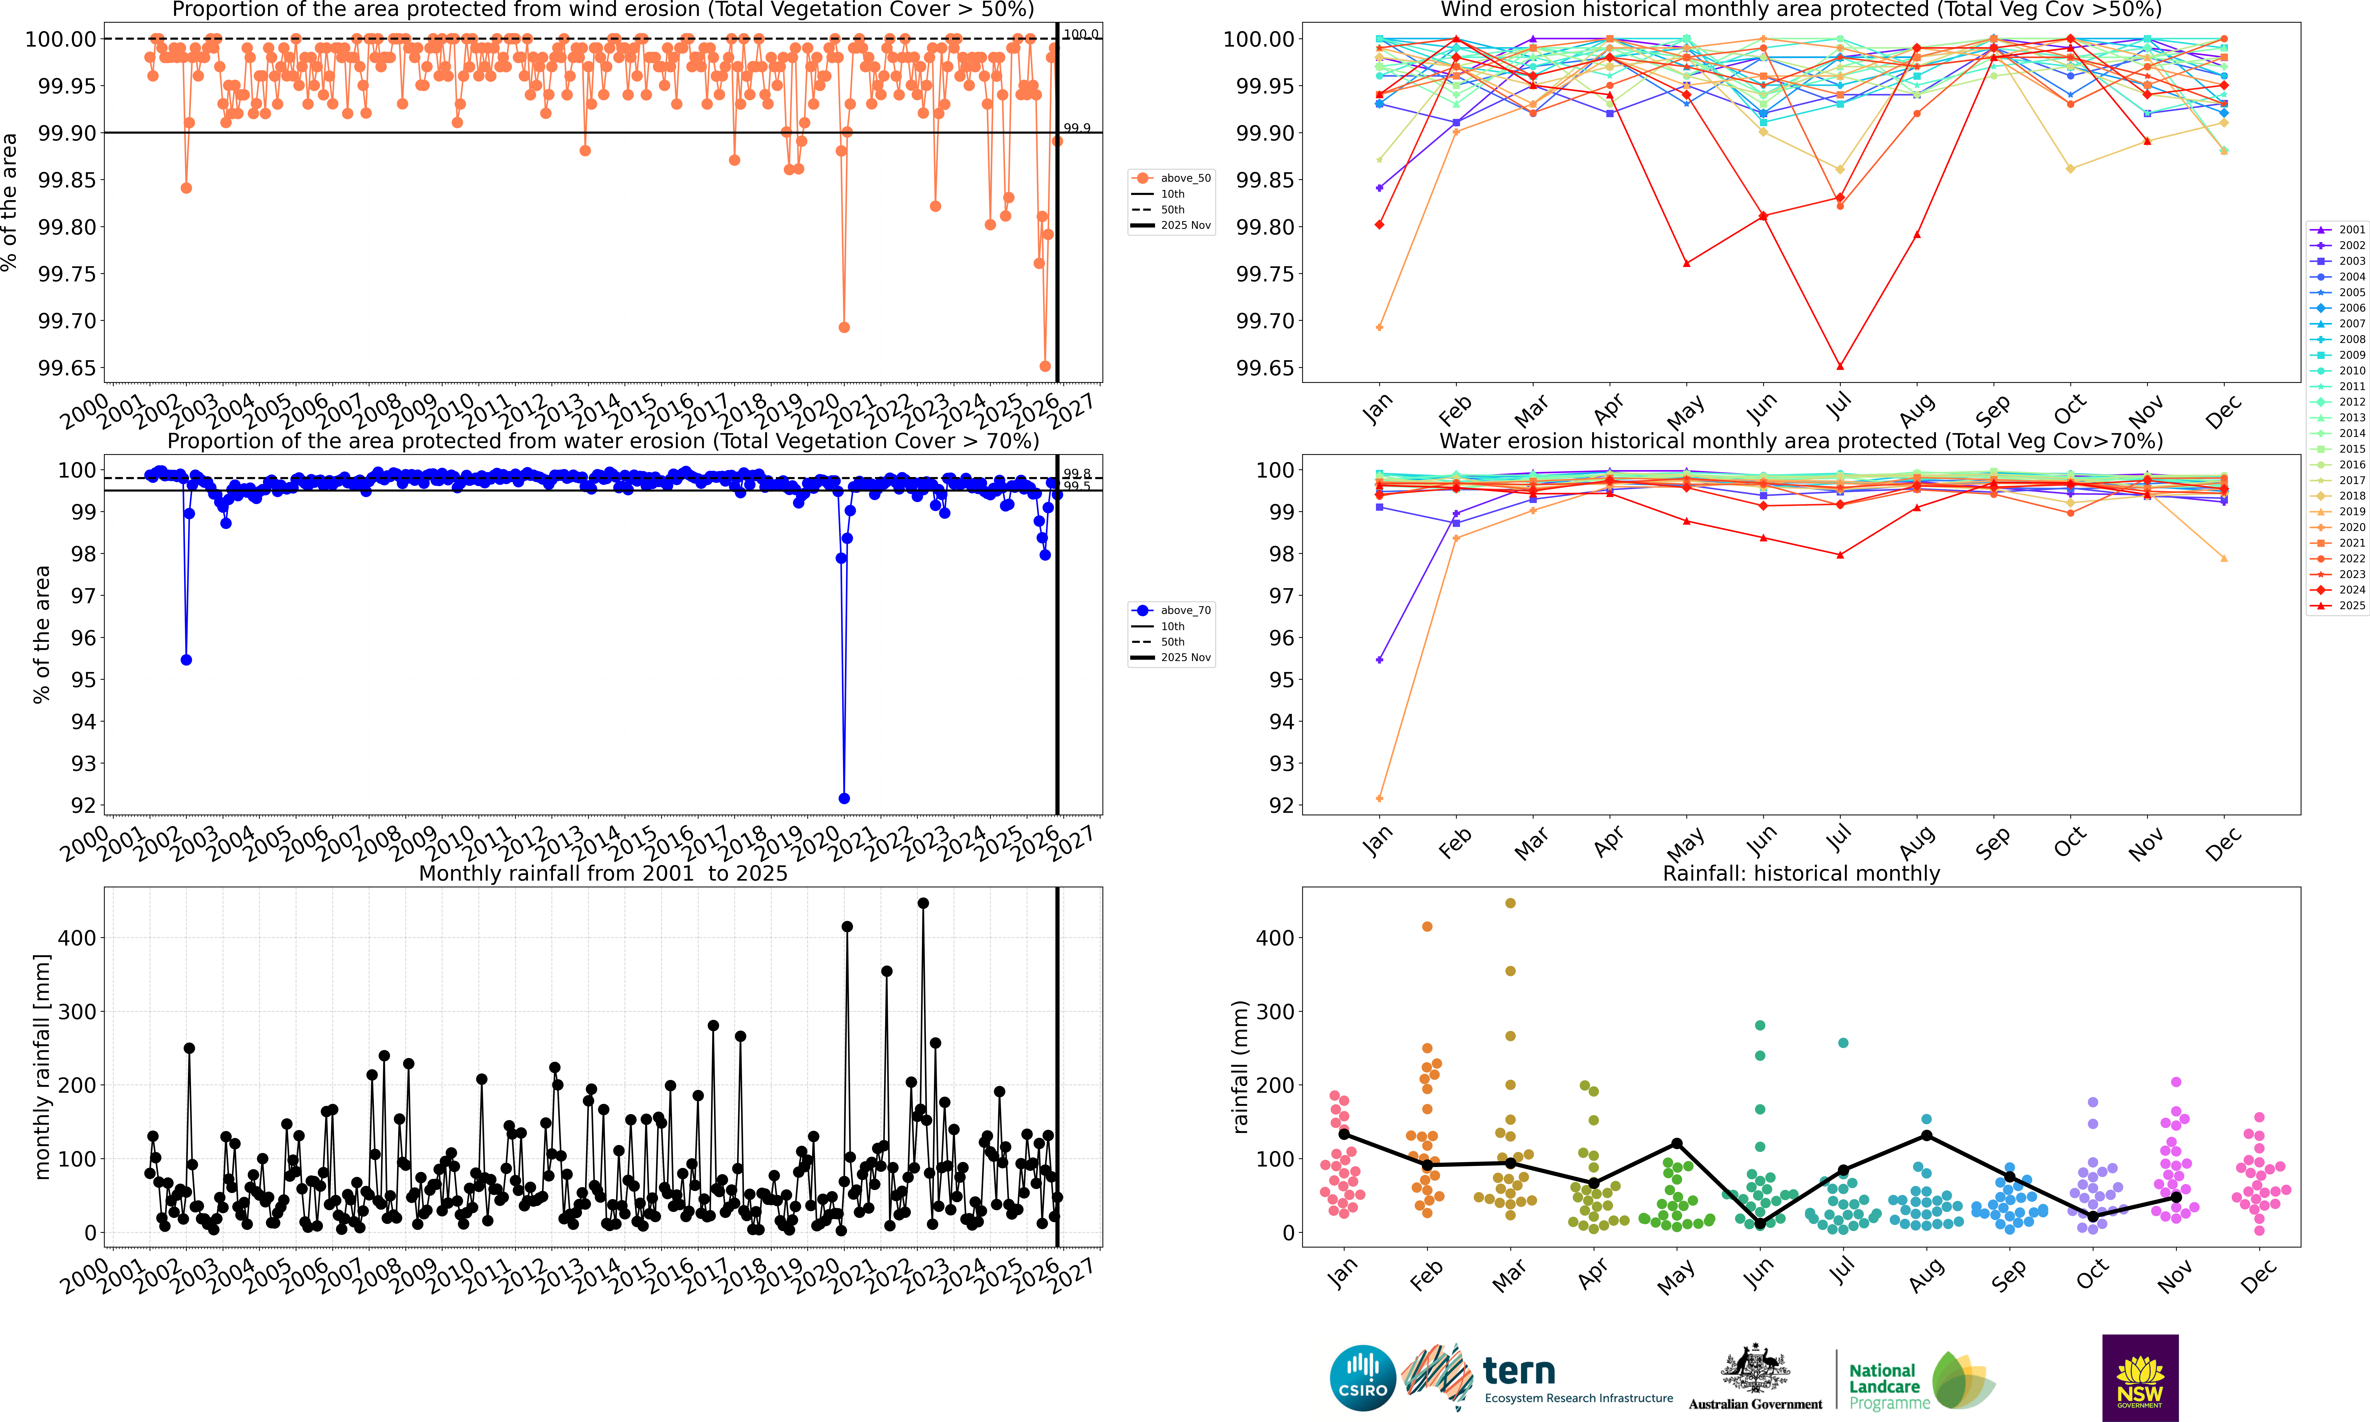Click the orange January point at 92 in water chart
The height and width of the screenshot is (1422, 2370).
(x=1379, y=798)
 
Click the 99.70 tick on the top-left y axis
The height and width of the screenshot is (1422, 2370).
(x=67, y=321)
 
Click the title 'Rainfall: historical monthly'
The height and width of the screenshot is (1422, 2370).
(x=1801, y=874)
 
